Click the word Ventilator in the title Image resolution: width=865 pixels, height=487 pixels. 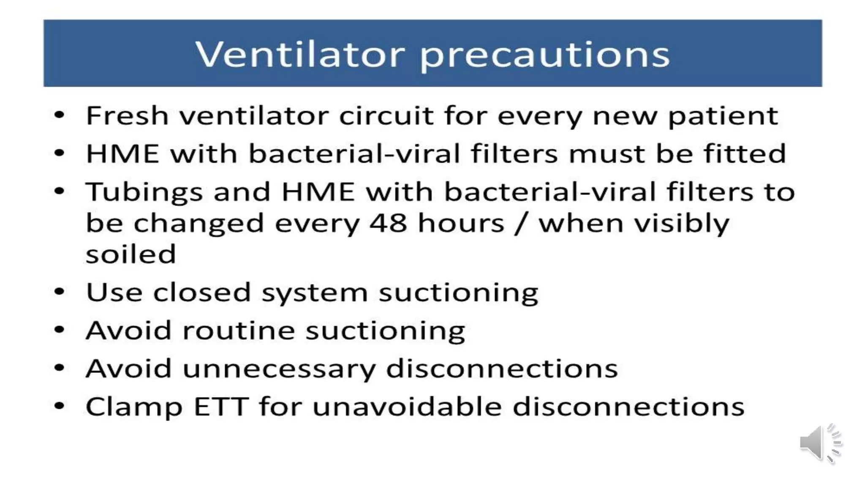[300, 55]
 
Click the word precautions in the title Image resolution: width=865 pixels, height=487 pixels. [545, 56]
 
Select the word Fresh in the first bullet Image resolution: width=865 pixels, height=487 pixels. [127, 115]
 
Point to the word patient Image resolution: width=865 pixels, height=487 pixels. [723, 116]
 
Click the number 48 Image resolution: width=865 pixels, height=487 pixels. [388, 223]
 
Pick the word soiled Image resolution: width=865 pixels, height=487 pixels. [131, 254]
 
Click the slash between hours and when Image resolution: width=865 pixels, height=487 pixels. [521, 223]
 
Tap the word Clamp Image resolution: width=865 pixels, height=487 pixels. [134, 407]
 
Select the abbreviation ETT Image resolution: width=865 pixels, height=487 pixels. [221, 407]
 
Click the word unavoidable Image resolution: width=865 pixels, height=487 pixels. [407, 407]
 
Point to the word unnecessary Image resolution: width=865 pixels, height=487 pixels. [279, 369]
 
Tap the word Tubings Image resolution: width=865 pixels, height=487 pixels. [144, 192]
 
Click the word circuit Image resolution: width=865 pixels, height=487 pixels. [386, 115]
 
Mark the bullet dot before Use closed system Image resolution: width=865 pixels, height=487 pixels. [60, 292]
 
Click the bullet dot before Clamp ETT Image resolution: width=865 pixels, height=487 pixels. [60, 406]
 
